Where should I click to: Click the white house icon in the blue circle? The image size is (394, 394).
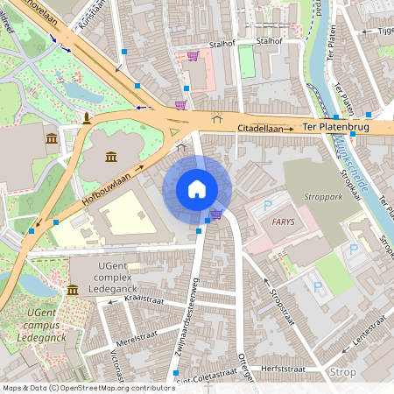coord(197,188)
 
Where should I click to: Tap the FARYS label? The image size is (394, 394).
coord(283,222)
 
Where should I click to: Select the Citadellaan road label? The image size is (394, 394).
coord(265,129)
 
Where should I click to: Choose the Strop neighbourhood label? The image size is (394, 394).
coord(342,372)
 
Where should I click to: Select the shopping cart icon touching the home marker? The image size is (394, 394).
coord(215,214)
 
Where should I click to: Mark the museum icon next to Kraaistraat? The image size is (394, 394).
coord(71,290)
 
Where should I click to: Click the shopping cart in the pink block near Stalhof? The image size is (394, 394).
coord(193,56)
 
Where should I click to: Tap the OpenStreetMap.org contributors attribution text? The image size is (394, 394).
coord(114,388)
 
